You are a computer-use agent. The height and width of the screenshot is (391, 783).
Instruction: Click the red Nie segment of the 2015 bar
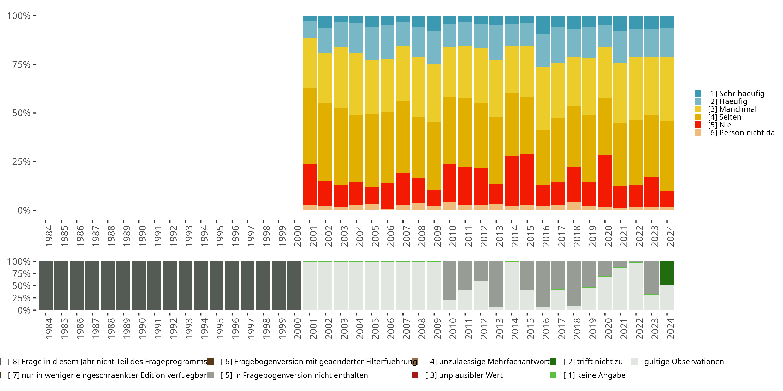pos(527,179)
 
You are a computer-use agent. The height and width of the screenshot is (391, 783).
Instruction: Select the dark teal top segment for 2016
pos(543,25)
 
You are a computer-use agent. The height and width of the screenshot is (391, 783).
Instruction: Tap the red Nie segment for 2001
pos(310,184)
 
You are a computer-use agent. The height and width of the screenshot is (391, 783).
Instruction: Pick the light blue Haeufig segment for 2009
pos(434,47)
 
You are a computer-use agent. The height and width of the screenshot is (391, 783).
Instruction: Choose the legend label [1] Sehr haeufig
pos(736,94)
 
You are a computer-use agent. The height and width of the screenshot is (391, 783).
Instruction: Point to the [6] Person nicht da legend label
pos(741,133)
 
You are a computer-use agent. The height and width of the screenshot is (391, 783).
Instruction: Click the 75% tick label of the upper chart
pos(21,64)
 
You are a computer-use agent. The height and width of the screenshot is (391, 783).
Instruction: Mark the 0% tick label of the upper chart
pos(24,210)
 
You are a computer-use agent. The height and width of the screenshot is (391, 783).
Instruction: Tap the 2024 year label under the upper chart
pos(670,236)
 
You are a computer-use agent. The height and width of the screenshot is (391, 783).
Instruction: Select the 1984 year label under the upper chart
pos(49,236)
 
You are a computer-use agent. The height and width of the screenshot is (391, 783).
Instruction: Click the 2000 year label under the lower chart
pos(297,328)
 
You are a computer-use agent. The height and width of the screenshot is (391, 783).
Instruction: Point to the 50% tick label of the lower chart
pos(21,286)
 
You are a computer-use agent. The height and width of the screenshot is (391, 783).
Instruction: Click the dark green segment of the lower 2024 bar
pos(667,273)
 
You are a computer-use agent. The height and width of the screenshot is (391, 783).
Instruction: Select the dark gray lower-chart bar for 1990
pos(139,286)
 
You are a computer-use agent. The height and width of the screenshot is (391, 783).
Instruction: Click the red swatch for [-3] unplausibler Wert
pos(415,375)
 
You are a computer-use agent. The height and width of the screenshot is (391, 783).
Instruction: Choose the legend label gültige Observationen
pos(684,362)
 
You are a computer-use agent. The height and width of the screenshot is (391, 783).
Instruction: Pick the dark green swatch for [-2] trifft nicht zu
pos(553,362)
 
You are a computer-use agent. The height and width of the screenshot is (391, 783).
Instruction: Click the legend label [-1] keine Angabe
pos(594,375)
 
